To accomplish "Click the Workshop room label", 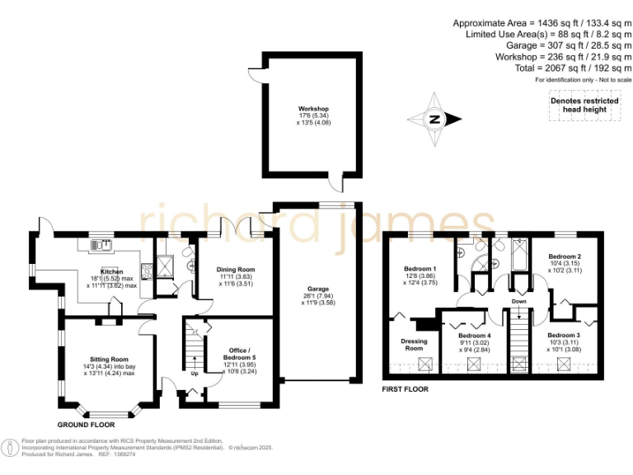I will point(313,109).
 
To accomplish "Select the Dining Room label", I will point(235,269).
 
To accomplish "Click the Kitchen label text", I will point(112,271).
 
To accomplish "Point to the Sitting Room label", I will point(109,360).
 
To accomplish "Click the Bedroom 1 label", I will point(420,270).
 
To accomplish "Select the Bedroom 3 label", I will point(564,335).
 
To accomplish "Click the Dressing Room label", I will point(413,345).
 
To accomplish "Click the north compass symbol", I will point(434,119).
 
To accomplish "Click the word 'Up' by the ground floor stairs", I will point(195,373).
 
